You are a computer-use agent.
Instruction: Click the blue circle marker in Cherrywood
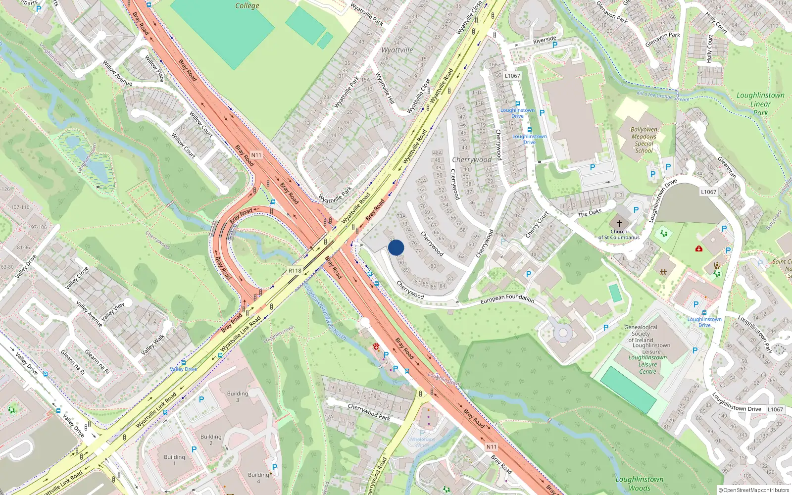(x=396, y=247)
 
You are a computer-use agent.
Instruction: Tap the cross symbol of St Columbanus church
(x=619, y=224)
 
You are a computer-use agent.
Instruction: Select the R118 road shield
(x=295, y=270)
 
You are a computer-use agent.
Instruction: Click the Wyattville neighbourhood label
(x=397, y=50)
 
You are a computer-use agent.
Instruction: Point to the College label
(x=247, y=6)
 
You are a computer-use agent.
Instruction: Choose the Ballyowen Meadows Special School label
(x=644, y=140)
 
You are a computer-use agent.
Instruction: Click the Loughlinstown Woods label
(x=640, y=483)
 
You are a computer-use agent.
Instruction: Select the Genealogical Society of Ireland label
(x=641, y=334)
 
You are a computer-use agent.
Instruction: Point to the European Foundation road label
(x=507, y=298)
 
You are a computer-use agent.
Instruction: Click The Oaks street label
(x=590, y=213)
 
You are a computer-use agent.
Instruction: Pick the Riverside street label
(x=544, y=40)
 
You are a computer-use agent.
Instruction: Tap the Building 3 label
(x=238, y=396)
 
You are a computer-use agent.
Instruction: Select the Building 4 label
(x=258, y=478)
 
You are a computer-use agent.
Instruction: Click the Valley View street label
(x=113, y=311)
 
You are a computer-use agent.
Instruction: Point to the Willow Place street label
(x=154, y=68)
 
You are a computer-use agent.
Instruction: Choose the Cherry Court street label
(x=537, y=224)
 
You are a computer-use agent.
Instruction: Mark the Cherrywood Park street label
(x=369, y=412)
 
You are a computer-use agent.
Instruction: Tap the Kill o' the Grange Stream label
(x=663, y=96)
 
